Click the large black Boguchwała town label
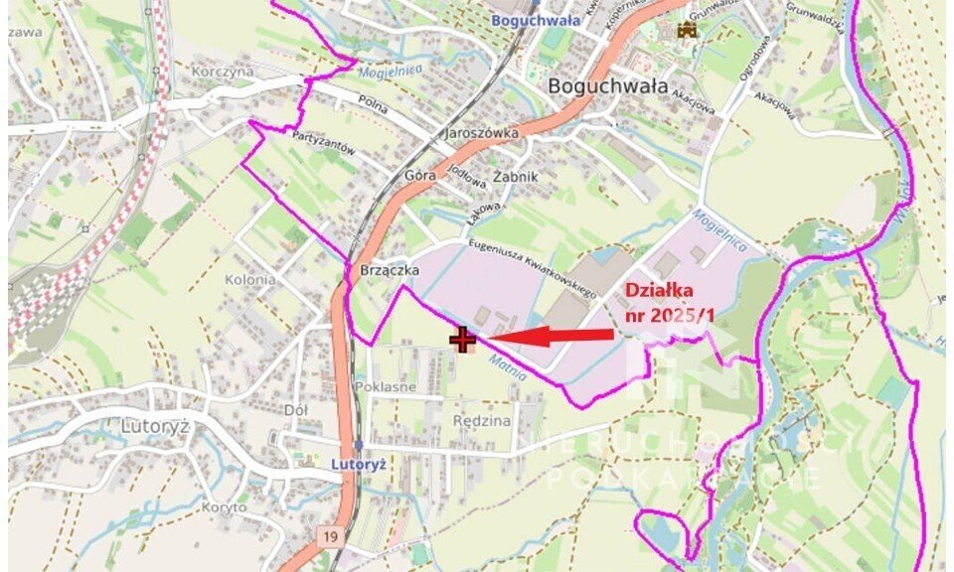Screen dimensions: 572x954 pyautogui.click(x=607, y=85)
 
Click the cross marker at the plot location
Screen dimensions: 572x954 pyautogui.click(x=463, y=340)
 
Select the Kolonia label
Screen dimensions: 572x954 pyautogui.click(x=249, y=279)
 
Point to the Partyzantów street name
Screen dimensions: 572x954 pyautogui.click(x=324, y=145)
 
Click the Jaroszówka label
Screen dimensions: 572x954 pyautogui.click(x=483, y=132)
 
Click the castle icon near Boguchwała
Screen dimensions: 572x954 pyautogui.click(x=686, y=31)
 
